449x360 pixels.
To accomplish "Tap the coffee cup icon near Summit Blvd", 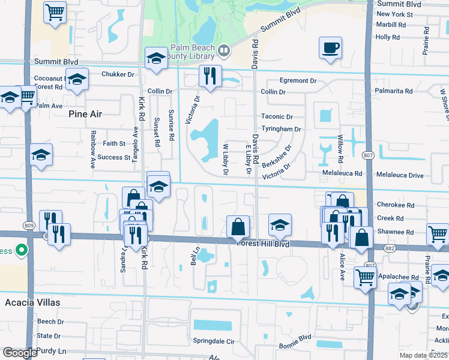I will point(330,47).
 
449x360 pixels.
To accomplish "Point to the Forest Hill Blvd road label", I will point(264,244).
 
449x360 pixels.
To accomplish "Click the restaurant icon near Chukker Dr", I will point(209,76).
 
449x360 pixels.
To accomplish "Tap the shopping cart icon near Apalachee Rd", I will point(365,277).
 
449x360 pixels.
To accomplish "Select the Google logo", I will point(19,353).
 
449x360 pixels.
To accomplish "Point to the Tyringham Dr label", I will point(281,129).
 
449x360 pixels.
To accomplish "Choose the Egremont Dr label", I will point(298,80).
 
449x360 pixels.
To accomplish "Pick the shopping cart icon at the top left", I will point(55,11).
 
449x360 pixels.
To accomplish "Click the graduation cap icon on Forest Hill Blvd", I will point(280,225).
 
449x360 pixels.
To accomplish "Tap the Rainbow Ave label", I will point(93,149).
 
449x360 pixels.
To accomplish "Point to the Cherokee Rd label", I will point(396,205).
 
